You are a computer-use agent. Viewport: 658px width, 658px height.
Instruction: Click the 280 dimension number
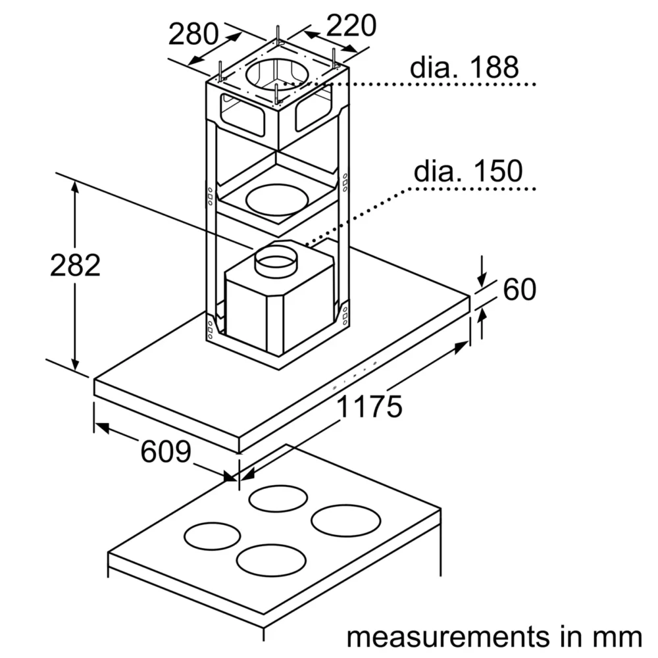point(193,34)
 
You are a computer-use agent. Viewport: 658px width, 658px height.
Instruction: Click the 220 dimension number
point(351,26)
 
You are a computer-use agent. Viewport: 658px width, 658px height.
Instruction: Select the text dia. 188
point(464,67)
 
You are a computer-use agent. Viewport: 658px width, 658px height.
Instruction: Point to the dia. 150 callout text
point(468,171)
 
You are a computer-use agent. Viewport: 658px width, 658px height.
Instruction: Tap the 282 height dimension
point(76,265)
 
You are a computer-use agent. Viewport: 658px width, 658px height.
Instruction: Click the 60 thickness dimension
point(520,289)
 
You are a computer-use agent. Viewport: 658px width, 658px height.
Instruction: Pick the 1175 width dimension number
point(369,406)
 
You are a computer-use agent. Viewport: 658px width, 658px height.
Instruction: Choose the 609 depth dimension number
point(166,451)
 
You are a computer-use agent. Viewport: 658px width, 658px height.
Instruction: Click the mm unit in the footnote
point(618,638)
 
